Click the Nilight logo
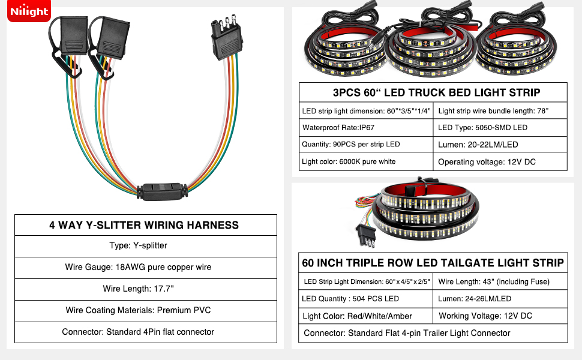point(29,11)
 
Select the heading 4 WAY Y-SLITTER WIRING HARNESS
point(144,225)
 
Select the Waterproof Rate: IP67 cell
point(366,128)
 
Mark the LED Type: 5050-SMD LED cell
point(499,128)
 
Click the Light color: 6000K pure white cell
point(366,161)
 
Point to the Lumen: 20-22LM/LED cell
point(499,145)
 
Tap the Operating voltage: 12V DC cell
point(499,162)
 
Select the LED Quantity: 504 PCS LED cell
point(366,299)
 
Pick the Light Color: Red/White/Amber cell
point(366,316)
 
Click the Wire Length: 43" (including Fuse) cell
point(500,281)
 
